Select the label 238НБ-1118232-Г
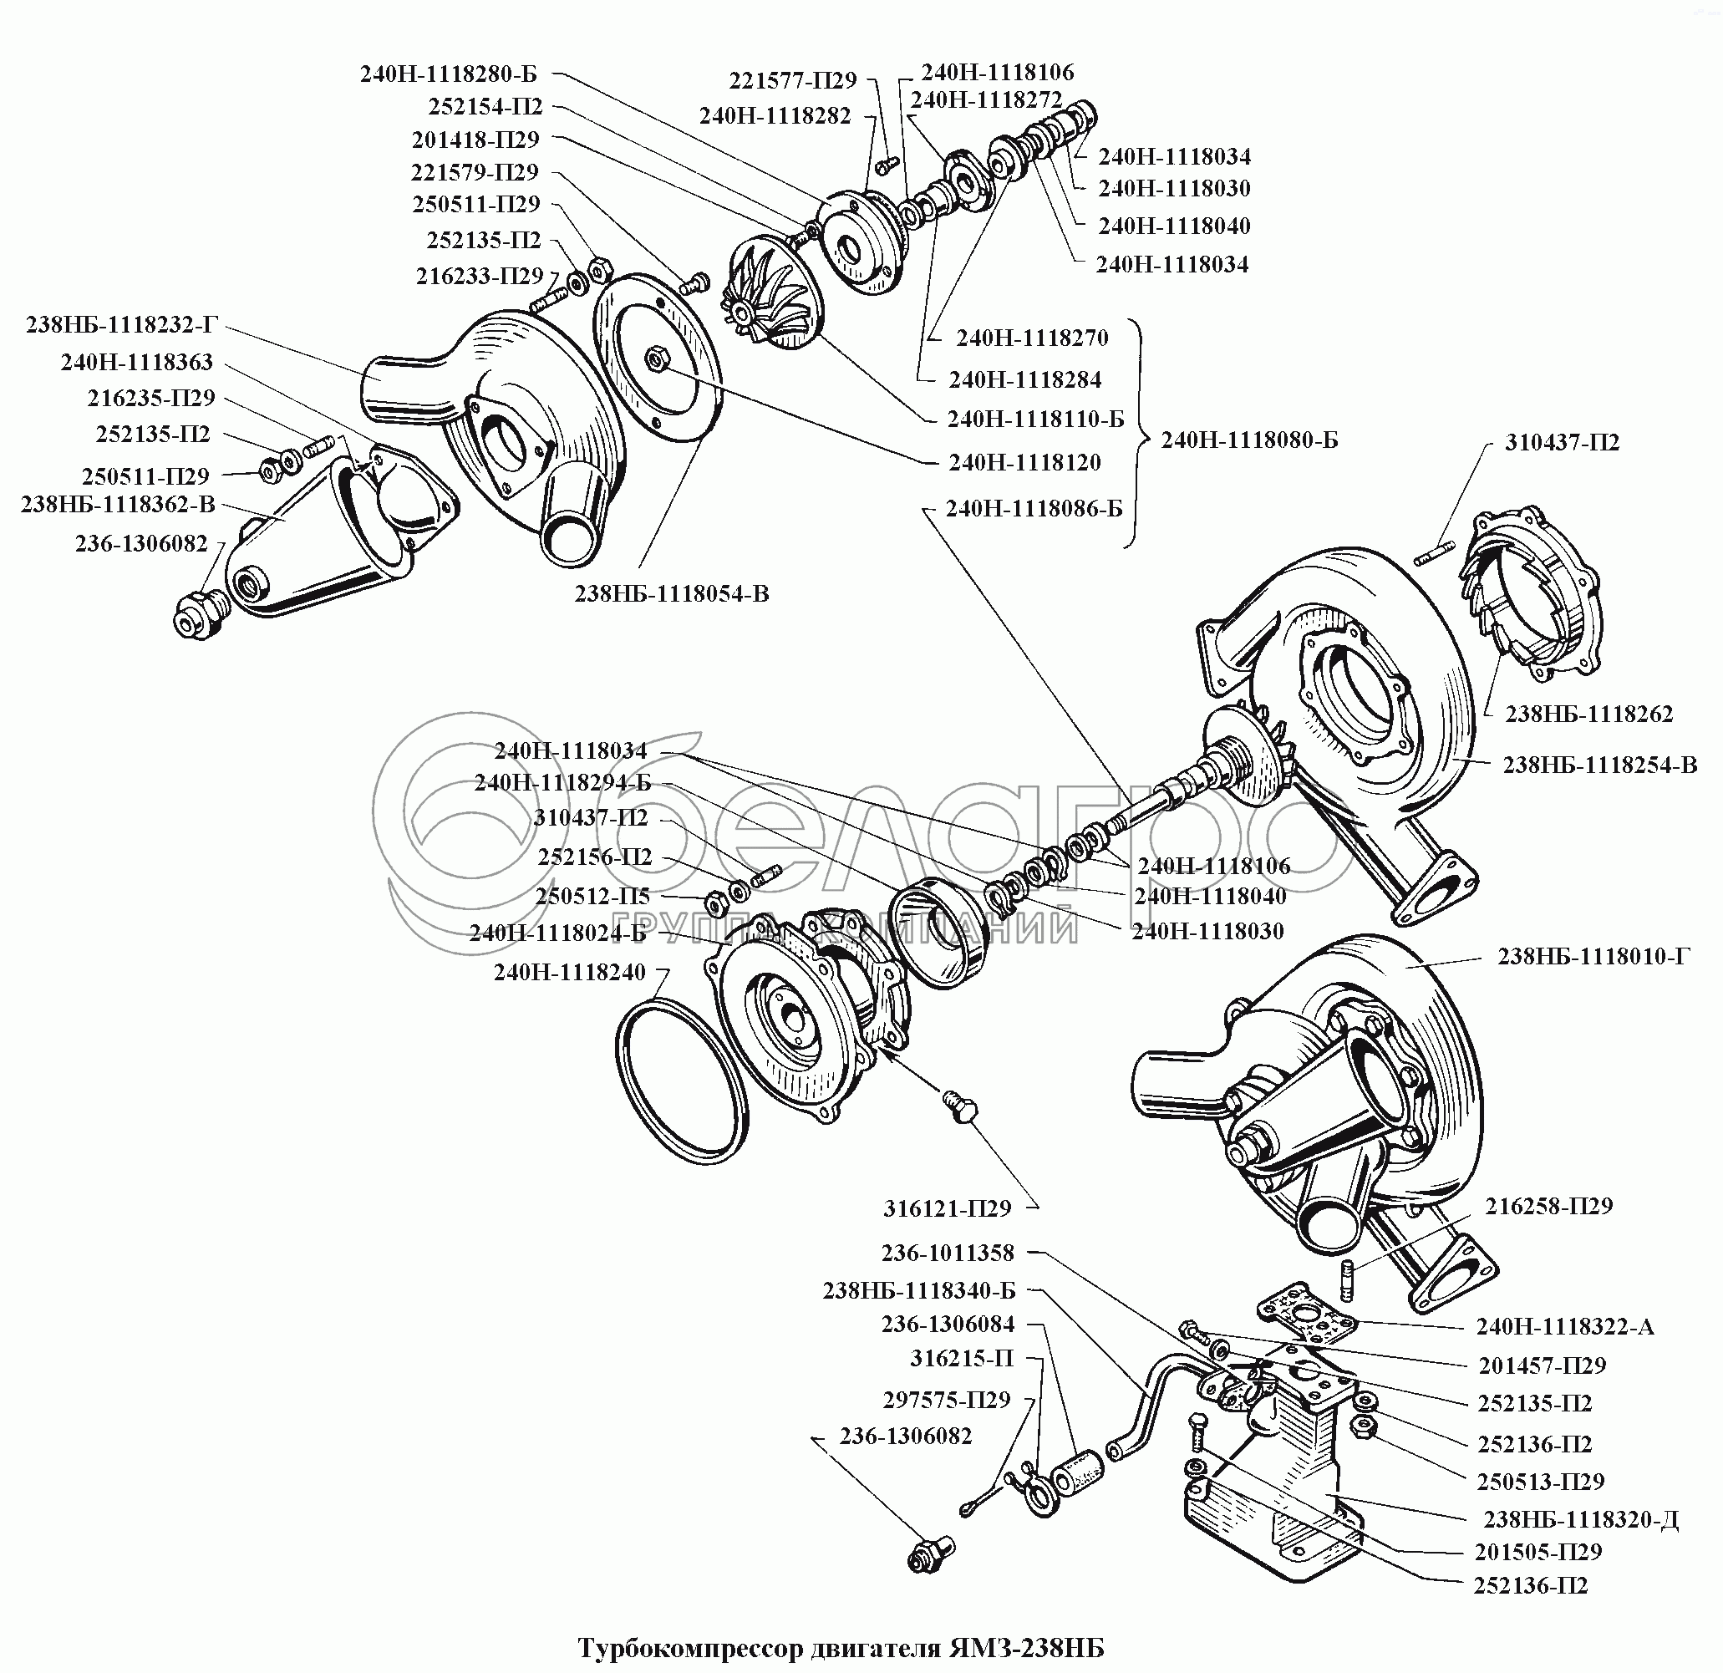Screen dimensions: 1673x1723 pos(121,325)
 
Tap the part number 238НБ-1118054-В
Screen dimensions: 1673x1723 pos(672,594)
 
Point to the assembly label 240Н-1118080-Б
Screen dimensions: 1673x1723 pos(1249,440)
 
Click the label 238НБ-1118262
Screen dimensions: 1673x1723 pos(1588,714)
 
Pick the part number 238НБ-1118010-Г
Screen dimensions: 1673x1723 pos(1593,956)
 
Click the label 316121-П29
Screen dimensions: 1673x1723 pos(947,1209)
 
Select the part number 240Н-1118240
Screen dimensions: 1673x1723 pos(570,973)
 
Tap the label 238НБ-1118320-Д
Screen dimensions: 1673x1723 pos(1581,1520)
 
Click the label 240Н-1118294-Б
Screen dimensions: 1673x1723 pos(562,783)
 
